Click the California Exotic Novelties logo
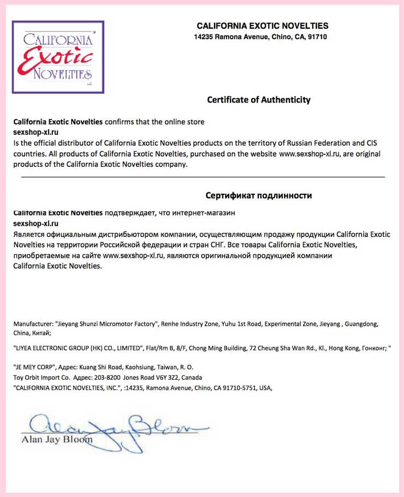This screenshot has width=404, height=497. [57, 57]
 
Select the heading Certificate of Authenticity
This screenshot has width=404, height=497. [258, 100]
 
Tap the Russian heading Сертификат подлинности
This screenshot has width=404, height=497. [259, 195]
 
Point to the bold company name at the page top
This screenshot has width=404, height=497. [262, 26]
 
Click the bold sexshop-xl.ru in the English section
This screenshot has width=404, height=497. [35, 132]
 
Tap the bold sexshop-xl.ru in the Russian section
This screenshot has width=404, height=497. [35, 224]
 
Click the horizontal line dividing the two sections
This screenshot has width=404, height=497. [203, 177]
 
